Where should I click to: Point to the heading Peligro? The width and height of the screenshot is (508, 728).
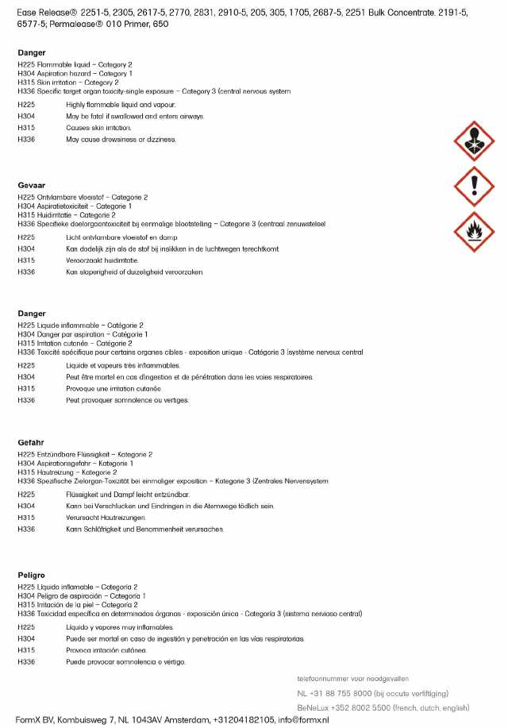[x=32, y=574]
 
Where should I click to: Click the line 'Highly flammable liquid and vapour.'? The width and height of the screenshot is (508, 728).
[x=121, y=105]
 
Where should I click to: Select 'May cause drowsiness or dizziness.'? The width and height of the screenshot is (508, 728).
[x=121, y=139]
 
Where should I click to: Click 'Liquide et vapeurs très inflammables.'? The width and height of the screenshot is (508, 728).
[x=122, y=365]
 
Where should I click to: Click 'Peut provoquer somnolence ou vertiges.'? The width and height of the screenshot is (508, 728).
[x=127, y=400]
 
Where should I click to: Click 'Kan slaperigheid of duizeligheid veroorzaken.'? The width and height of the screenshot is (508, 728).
[x=135, y=272]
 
